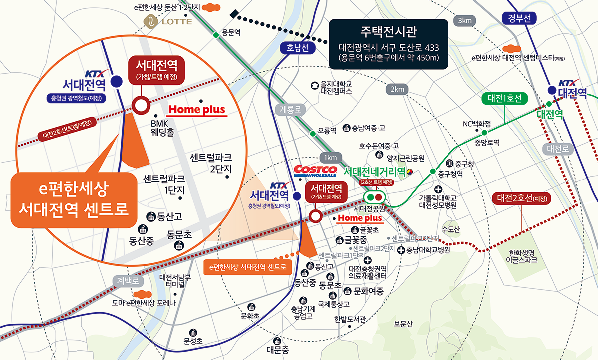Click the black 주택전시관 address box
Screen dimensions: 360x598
point(388,43)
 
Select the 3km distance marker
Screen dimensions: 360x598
point(464,21)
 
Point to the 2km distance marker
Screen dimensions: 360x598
point(397,89)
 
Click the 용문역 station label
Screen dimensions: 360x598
point(231,33)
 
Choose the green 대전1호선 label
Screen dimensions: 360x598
point(504,98)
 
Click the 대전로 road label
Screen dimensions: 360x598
point(557,149)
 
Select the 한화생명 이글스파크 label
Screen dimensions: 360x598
point(521,256)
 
